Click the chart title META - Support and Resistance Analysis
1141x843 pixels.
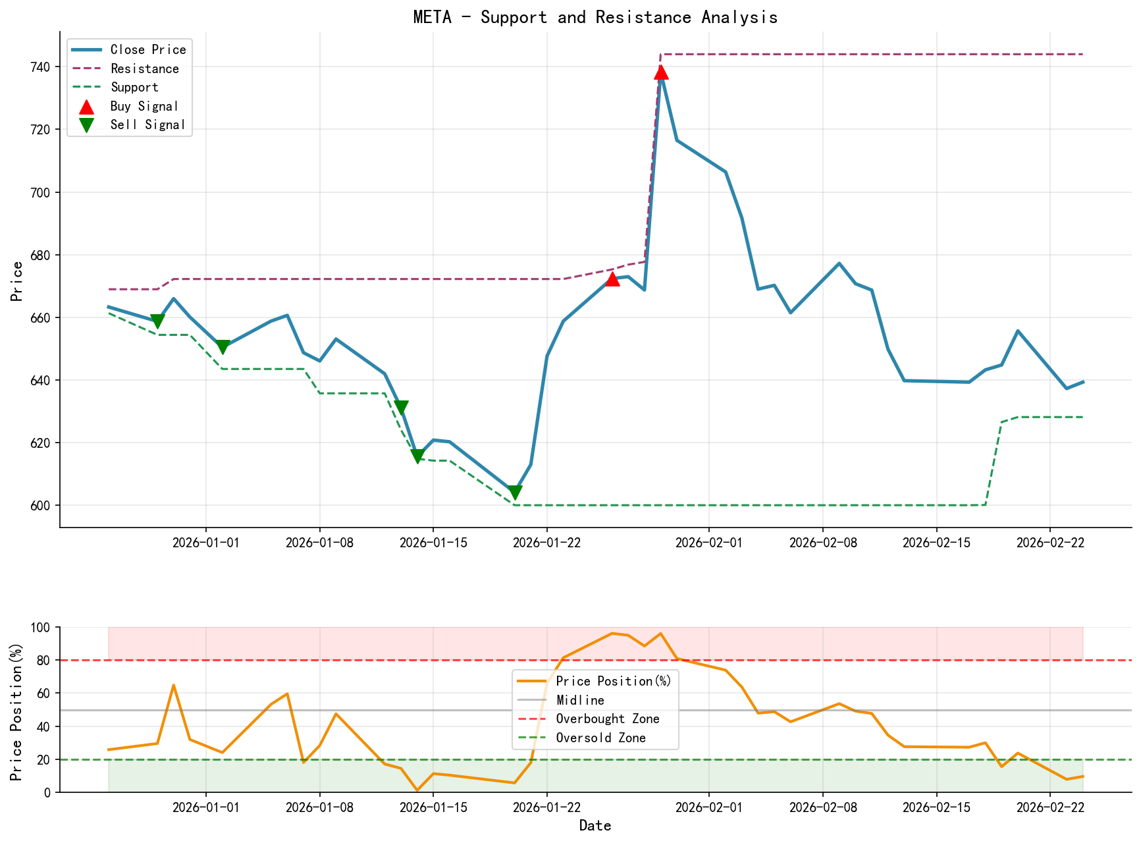[x=595, y=17]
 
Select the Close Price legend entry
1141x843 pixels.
[x=147, y=49]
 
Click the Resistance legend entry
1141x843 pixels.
[x=144, y=68]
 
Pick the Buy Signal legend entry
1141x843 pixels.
[x=144, y=106]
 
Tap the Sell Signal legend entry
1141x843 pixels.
[x=147, y=124]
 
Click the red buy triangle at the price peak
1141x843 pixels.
[x=661, y=72]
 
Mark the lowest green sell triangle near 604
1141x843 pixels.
[x=515, y=493]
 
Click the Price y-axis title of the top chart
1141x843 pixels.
[x=18, y=281]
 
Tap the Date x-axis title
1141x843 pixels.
[x=595, y=826]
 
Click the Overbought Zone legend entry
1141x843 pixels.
[x=607, y=719]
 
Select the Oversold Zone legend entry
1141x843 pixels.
[x=600, y=738]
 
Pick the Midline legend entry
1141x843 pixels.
[x=580, y=700]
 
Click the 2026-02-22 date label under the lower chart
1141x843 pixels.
[x=1049, y=807]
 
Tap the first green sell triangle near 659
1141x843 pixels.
[x=157, y=321]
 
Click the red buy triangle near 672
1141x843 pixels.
[x=612, y=279]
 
